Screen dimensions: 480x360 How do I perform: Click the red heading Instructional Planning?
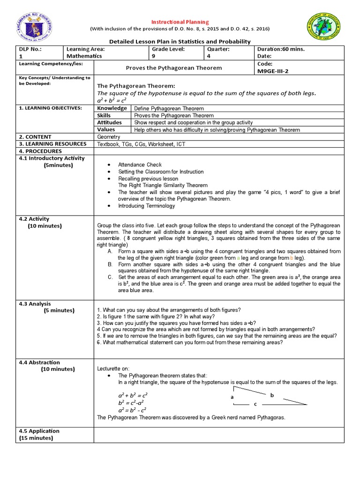pyautogui.click(x=180, y=22)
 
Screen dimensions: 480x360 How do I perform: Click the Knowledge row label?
pyautogui.click(x=112, y=108)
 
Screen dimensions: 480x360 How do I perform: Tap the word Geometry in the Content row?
pyautogui.click(x=108, y=137)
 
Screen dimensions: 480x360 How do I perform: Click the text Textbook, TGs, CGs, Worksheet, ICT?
pyautogui.click(x=141, y=144)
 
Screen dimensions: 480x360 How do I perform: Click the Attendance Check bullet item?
pyautogui.click(x=140, y=165)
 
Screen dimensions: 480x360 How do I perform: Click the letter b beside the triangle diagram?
pyautogui.click(x=271, y=395)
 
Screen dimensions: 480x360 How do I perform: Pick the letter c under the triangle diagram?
pyautogui.click(x=255, y=404)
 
